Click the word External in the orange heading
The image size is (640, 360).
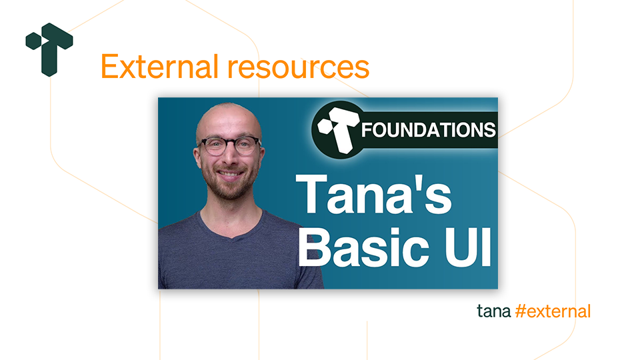click(159, 67)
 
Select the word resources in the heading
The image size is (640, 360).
click(299, 68)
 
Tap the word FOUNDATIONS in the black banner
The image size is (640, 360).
click(428, 130)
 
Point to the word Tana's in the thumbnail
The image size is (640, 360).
click(373, 194)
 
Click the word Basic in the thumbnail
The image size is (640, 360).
click(364, 246)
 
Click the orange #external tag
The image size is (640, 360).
click(553, 311)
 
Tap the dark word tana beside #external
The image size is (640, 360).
click(494, 311)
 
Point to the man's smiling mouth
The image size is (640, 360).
click(229, 174)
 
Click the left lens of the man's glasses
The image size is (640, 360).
click(214, 147)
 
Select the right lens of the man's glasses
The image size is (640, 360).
click(246, 146)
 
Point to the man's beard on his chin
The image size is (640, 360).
click(231, 190)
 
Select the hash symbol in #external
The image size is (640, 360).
click(521, 311)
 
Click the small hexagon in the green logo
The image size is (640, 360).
click(33, 41)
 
